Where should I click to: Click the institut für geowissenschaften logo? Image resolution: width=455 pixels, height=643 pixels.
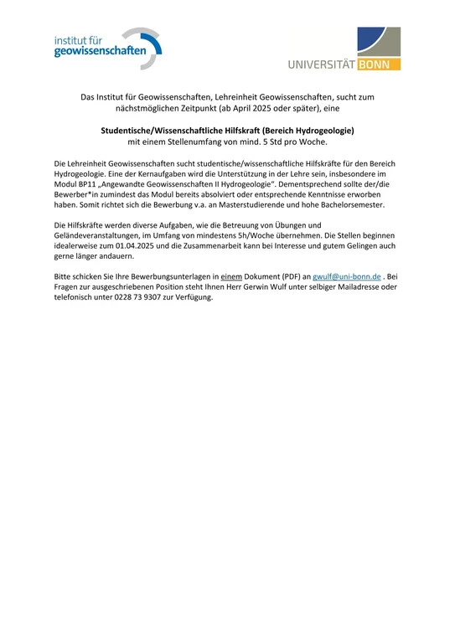[106, 47]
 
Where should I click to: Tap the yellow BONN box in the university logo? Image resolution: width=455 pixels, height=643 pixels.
[379, 64]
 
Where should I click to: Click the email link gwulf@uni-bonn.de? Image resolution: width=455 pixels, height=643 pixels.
[348, 275]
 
